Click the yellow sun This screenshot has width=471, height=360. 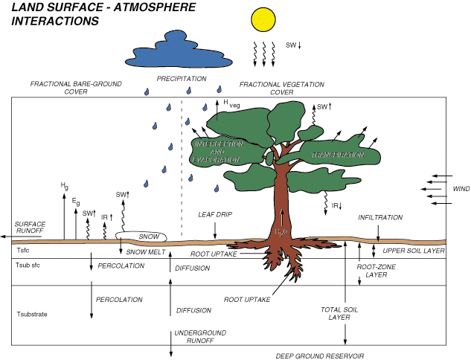point(265,20)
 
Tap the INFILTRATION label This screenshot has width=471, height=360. point(380,217)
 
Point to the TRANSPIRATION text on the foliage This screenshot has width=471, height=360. point(338,155)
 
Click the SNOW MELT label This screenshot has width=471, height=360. point(145,251)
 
